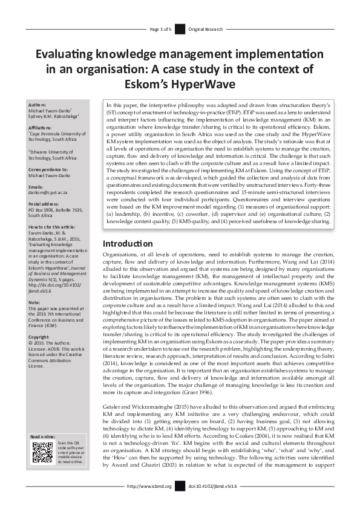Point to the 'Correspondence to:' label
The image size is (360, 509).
(48, 169)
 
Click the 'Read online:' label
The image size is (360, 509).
(43, 436)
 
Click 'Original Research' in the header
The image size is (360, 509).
(206, 28)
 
